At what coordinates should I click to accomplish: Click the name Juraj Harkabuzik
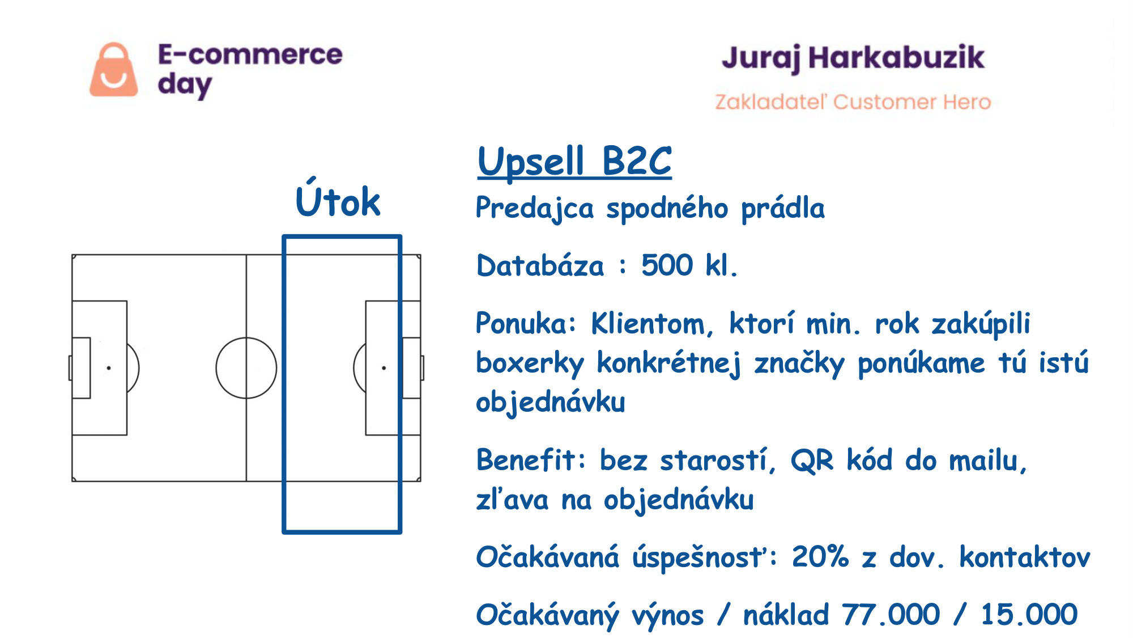[x=853, y=58]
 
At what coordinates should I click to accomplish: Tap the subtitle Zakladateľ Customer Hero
[x=853, y=102]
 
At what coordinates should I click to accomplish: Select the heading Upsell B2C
[x=574, y=161]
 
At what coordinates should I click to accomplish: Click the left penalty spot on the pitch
[x=109, y=368]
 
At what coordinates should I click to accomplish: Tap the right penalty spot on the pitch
[x=384, y=368]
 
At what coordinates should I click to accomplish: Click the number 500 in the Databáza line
[x=667, y=265]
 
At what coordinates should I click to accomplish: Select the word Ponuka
[x=526, y=323]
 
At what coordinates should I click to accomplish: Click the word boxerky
[x=530, y=364]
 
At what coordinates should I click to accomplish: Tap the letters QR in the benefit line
[x=812, y=460]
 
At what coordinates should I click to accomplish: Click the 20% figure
[x=820, y=556]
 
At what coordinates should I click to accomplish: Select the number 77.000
[x=891, y=614]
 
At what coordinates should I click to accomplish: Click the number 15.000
[x=1029, y=614]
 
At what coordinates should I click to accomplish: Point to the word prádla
[x=783, y=208]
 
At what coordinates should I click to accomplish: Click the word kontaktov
[x=1024, y=557]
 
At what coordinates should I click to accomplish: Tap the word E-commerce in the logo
[x=250, y=54]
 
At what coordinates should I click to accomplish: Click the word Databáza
[x=540, y=265]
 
